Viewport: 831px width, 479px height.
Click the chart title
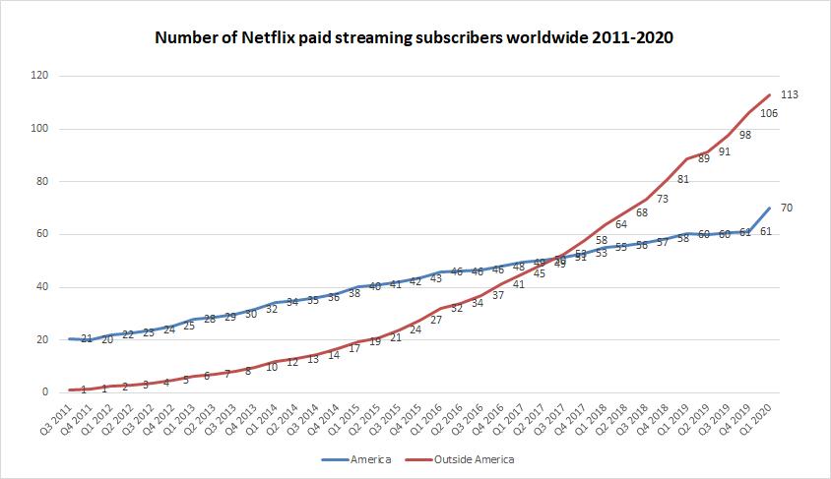(x=415, y=38)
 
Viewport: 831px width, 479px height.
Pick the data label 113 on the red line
(x=789, y=95)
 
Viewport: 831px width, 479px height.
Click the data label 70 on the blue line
(x=786, y=208)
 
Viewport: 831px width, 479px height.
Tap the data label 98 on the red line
(x=744, y=135)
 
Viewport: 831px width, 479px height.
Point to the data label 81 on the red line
(x=682, y=179)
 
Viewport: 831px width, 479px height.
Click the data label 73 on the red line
(x=662, y=200)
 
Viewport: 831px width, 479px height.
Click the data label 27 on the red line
(x=436, y=320)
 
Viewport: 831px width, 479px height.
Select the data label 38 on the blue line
(x=353, y=294)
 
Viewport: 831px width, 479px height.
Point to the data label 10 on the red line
(x=271, y=367)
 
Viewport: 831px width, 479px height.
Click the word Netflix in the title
(x=255, y=38)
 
